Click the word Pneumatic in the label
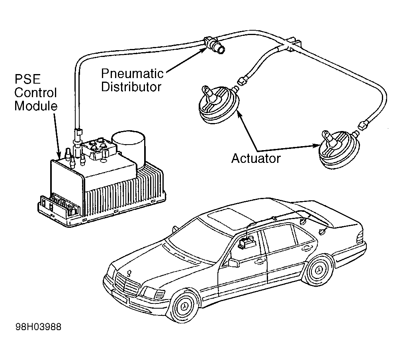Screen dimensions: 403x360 click(x=132, y=74)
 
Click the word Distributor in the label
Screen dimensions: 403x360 click(x=131, y=87)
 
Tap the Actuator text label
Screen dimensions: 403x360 click(x=256, y=158)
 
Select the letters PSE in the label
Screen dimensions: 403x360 click(x=27, y=79)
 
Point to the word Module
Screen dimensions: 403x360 click(x=36, y=106)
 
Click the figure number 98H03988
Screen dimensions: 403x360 click(x=39, y=327)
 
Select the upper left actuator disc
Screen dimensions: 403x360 click(x=219, y=104)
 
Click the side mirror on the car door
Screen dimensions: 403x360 click(x=234, y=262)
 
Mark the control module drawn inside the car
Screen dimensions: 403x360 click(x=247, y=242)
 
